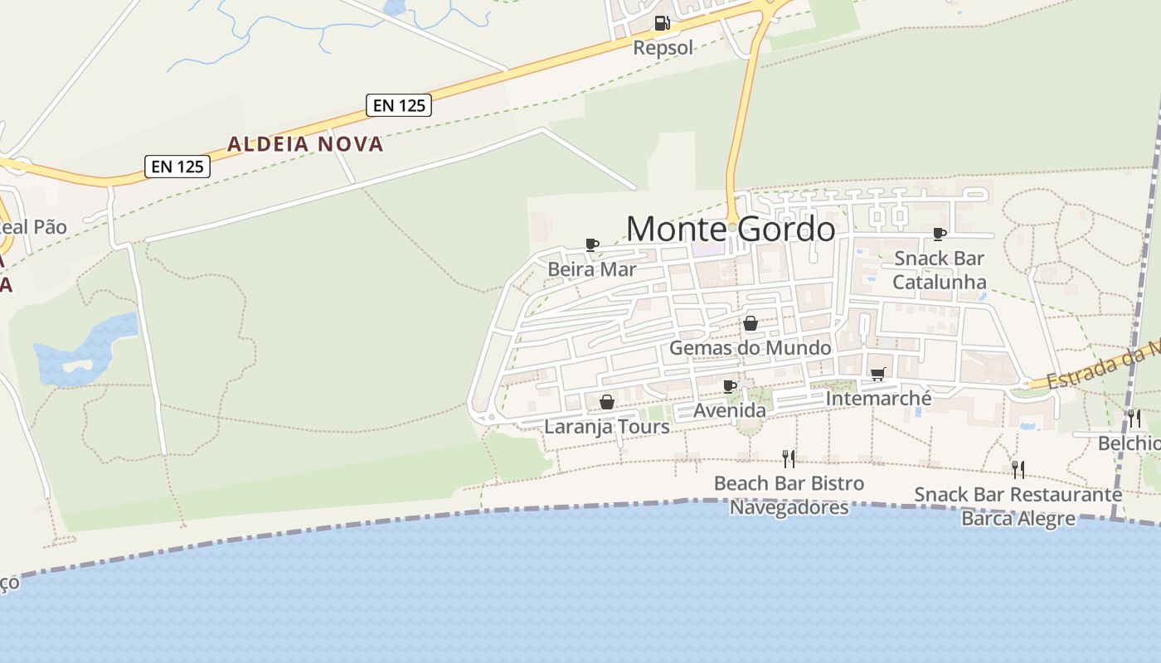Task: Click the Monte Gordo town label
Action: pyautogui.click(x=731, y=229)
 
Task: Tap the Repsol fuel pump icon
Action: pyautogui.click(x=661, y=23)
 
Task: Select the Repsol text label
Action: pyautogui.click(x=663, y=47)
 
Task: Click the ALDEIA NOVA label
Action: pyautogui.click(x=305, y=144)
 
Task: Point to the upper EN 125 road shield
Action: pyautogui.click(x=399, y=105)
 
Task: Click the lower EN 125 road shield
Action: pyautogui.click(x=177, y=166)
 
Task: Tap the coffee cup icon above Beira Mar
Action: pyautogui.click(x=591, y=244)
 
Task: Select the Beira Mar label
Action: pyautogui.click(x=592, y=269)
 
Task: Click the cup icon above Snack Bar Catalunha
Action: pyautogui.click(x=939, y=234)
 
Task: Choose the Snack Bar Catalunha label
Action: pyautogui.click(x=940, y=270)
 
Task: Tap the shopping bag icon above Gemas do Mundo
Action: pyautogui.click(x=750, y=323)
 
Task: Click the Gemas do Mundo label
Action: pyautogui.click(x=750, y=347)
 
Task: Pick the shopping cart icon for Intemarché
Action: pyautogui.click(x=878, y=375)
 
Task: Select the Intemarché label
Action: pyautogui.click(x=878, y=399)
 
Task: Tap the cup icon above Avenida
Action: pyautogui.click(x=730, y=386)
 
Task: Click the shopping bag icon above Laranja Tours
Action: pyautogui.click(x=607, y=402)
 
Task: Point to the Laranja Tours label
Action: pyautogui.click(x=607, y=427)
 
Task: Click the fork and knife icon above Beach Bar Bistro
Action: pyautogui.click(x=789, y=458)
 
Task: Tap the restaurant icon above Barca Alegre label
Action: pyautogui.click(x=1018, y=470)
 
